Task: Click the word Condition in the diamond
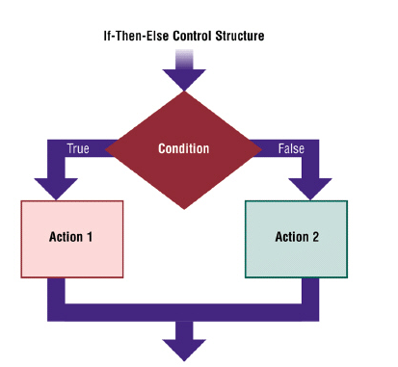pos(183,149)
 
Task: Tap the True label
pos(77,149)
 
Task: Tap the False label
pos(291,149)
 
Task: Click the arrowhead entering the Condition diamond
pos(183,80)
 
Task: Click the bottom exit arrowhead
pos(183,348)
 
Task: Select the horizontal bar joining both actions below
pos(183,311)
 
